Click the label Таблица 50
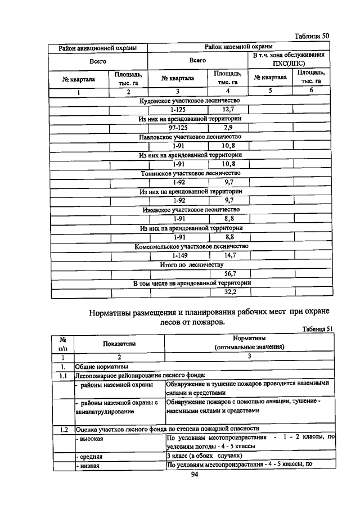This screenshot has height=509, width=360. (x=312, y=35)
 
